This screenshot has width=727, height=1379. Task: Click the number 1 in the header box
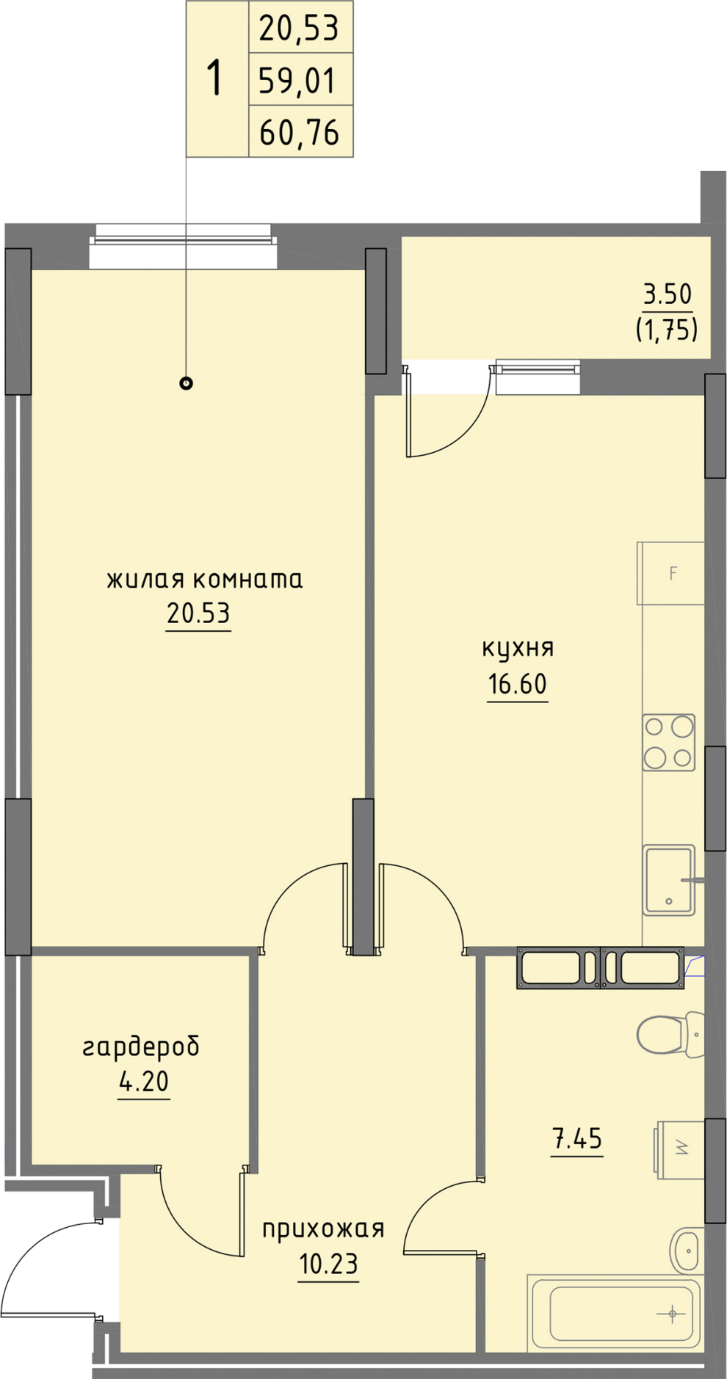point(214,79)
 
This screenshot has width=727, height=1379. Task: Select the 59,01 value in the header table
point(297,81)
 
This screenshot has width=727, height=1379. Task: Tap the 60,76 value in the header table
point(299,133)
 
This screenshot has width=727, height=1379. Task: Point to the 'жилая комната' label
point(205,580)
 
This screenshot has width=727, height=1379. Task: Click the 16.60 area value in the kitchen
point(518,684)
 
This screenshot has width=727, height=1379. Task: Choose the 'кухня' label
point(518,648)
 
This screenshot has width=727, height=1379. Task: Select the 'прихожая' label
point(323,1229)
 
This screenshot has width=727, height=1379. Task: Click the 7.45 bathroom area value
point(577,1139)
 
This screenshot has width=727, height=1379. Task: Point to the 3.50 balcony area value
point(668,294)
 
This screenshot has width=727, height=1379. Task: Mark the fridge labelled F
point(670,573)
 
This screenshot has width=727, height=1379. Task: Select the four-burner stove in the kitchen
point(669,743)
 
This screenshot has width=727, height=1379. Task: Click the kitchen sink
point(669,880)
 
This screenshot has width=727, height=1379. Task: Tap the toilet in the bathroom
point(670,1034)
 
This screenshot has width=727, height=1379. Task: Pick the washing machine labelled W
point(680,1149)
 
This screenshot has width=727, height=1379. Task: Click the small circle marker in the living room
point(187,382)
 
